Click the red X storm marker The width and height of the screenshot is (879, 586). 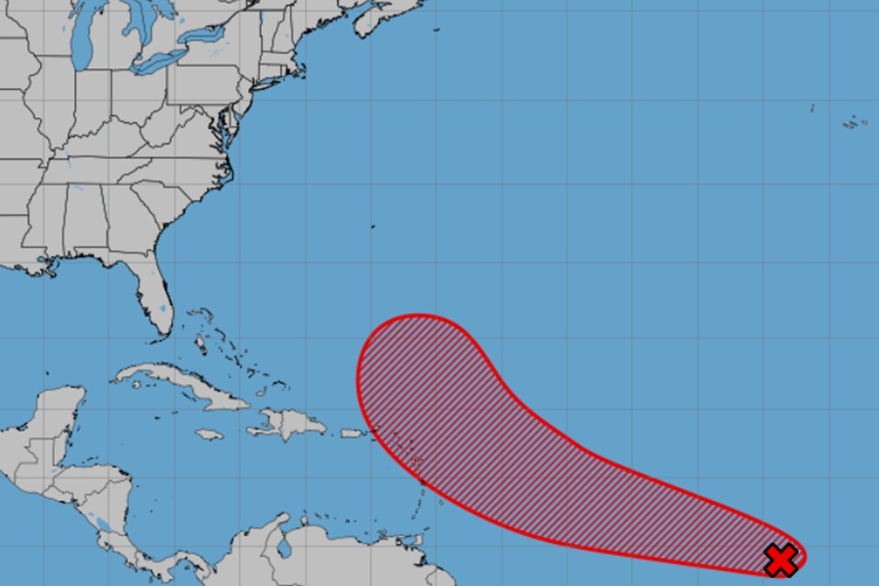(x=781, y=560)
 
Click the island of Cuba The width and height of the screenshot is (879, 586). (x=186, y=384)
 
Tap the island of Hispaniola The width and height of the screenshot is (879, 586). (x=291, y=424)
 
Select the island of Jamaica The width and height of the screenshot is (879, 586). (x=210, y=434)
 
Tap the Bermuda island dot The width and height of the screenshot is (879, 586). (x=372, y=227)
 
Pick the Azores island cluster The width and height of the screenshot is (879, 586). (x=855, y=123)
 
